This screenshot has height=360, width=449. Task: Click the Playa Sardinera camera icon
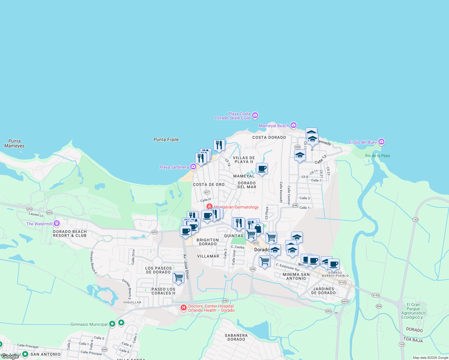click(193, 166)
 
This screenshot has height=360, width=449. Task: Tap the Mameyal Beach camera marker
click(294, 125)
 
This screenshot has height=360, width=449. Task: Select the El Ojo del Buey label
click(363, 142)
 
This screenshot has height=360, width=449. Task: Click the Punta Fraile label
click(166, 139)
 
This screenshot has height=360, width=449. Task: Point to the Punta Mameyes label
click(14, 143)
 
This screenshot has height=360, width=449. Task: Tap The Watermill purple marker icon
click(57, 223)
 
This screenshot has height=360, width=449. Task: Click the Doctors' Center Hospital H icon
click(183, 307)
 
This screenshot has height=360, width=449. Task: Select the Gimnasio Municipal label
click(89, 324)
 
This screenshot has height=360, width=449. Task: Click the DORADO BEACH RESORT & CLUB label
click(70, 233)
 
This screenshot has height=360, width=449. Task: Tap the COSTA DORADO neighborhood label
click(269, 137)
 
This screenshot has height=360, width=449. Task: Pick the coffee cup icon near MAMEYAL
click(262, 169)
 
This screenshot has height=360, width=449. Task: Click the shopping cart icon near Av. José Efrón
click(178, 277)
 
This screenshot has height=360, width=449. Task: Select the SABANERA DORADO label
click(236, 337)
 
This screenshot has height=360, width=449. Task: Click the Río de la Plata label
click(378, 156)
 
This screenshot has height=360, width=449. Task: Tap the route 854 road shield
click(379, 306)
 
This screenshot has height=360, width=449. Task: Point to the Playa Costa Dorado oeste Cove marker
click(255, 115)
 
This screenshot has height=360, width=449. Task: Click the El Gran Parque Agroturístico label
click(413, 311)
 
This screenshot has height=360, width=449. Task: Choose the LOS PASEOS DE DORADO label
click(158, 270)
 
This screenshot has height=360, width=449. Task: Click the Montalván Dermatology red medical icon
click(209, 207)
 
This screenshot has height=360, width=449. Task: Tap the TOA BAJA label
click(413, 340)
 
